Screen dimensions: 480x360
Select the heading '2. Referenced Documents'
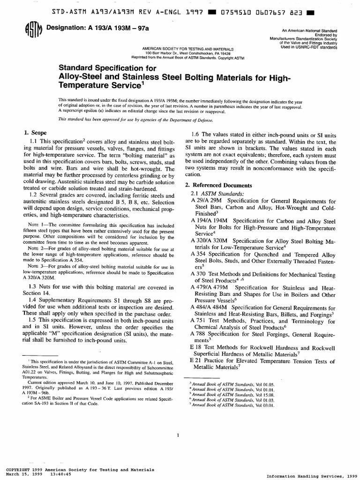pos(218,185)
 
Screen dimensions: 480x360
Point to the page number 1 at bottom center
pos(179,435)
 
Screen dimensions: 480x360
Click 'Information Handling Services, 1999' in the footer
pos(311,476)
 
